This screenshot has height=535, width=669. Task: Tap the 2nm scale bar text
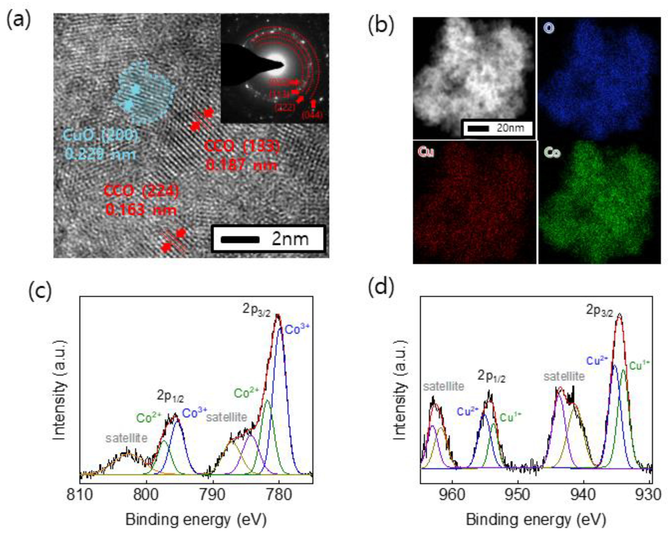(x=290, y=239)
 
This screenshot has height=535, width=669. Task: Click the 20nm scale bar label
(x=510, y=128)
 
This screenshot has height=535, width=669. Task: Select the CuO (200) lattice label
(x=100, y=136)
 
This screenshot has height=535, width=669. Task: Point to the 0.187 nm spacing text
(x=241, y=165)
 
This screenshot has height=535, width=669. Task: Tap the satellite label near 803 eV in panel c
(x=126, y=438)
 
